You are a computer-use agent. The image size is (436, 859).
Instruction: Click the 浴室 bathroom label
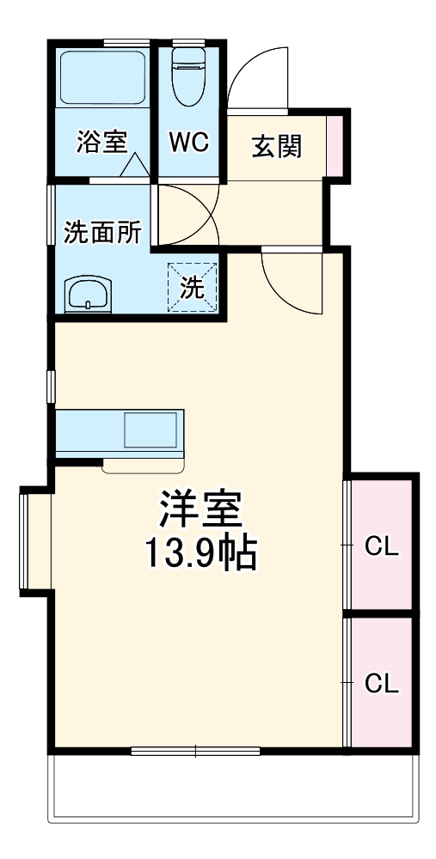pos(101,143)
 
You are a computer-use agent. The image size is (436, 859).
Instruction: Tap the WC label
pos(188,143)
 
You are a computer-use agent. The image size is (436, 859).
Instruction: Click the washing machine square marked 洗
pos(192,287)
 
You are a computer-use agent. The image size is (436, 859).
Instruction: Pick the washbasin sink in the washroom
pos(89,295)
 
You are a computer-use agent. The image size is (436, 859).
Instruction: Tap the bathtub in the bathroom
pos(102,78)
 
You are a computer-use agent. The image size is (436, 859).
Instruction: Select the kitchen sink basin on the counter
pos(151,430)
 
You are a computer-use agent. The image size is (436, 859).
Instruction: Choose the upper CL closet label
pos(382,546)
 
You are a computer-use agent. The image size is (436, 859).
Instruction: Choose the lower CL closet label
pos(382,684)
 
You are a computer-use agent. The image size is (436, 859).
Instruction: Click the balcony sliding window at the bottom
pos(195,752)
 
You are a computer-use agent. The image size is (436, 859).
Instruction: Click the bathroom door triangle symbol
pos(135,167)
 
